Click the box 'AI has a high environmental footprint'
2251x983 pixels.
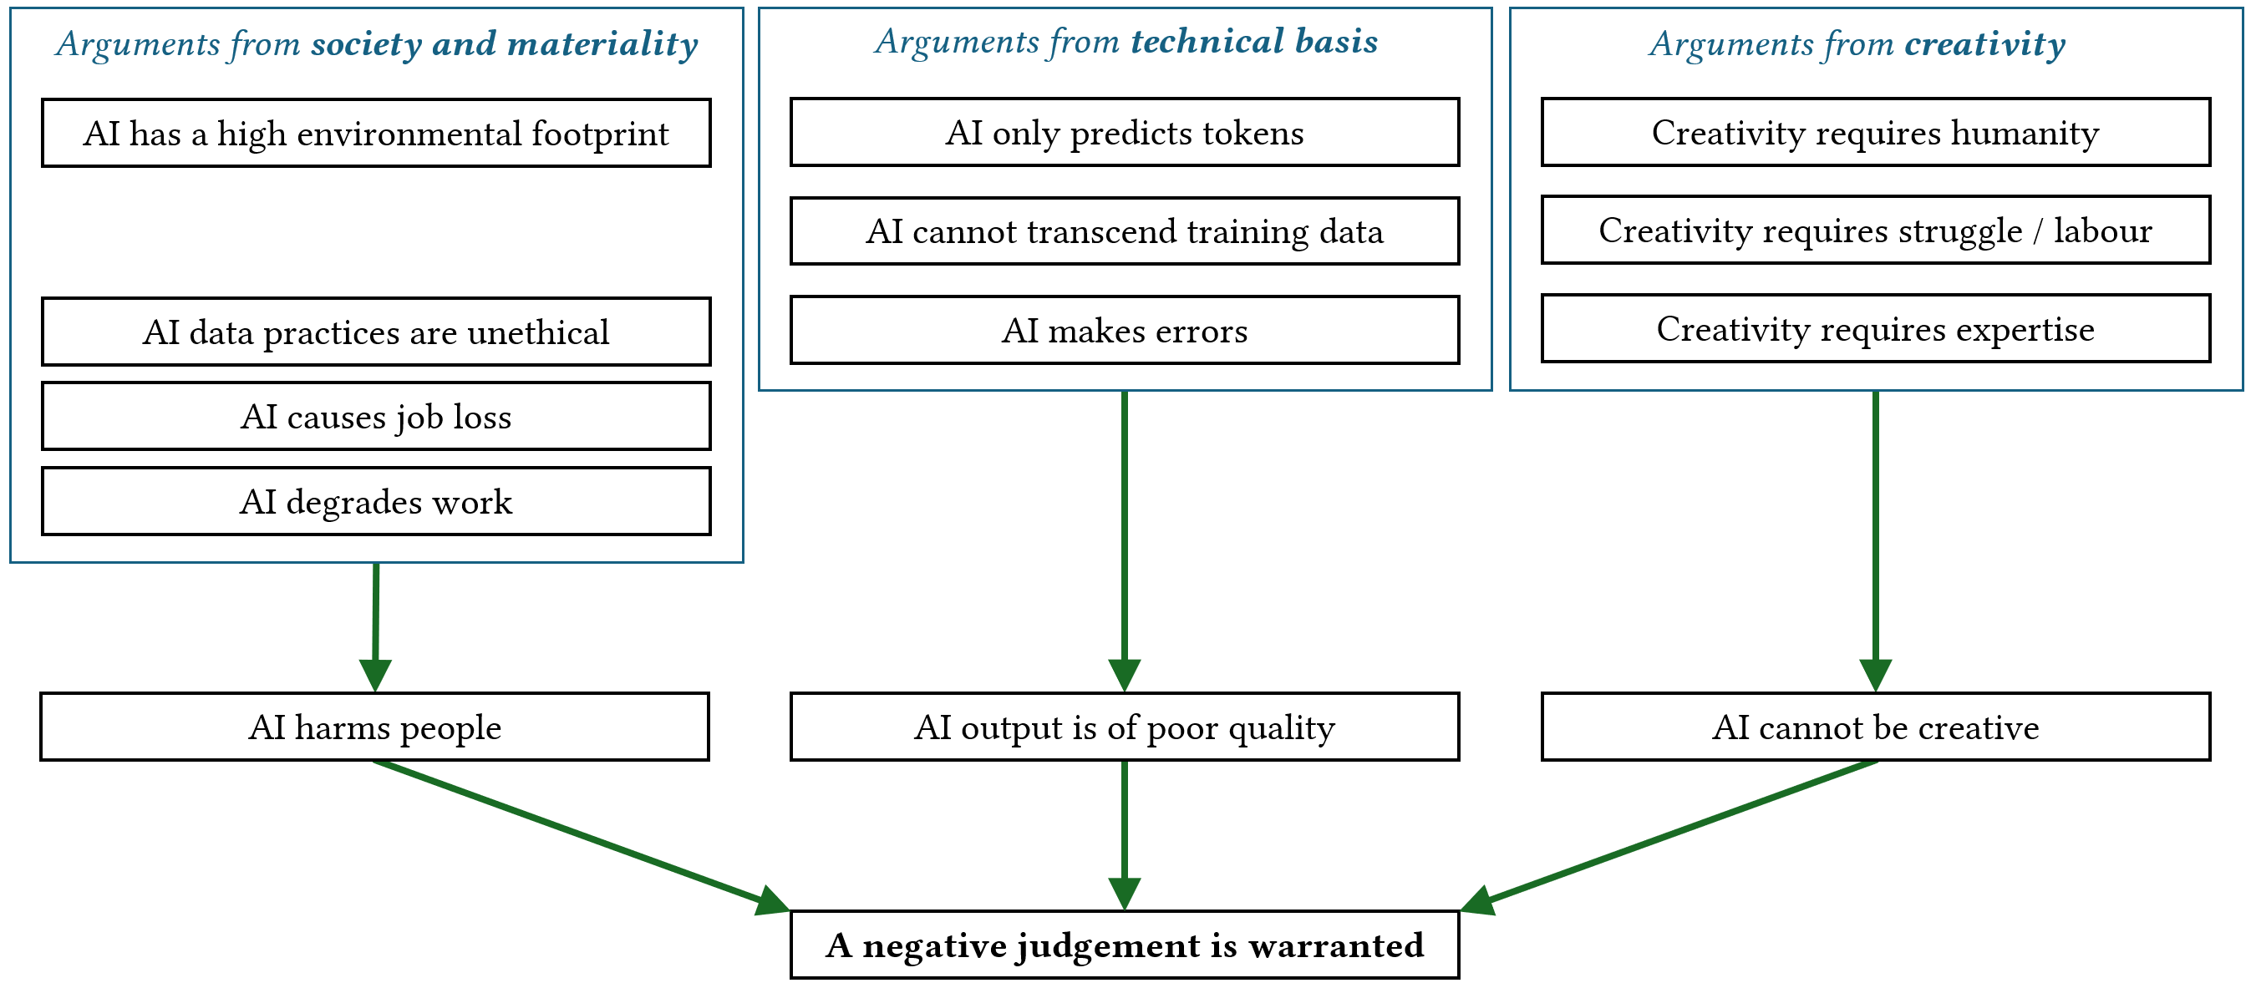tap(376, 133)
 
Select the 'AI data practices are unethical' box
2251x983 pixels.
tap(376, 332)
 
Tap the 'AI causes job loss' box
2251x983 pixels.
tap(376, 417)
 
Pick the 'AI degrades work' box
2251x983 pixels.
tap(376, 502)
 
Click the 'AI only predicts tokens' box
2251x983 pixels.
tap(1125, 132)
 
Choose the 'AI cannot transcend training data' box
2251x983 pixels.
tap(1125, 231)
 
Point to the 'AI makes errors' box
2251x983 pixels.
tap(1125, 330)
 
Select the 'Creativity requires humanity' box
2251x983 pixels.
tap(1875, 132)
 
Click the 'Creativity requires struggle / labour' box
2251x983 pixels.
tap(1875, 230)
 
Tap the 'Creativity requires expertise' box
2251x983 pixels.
tap(1875, 328)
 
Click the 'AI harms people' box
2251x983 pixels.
tap(375, 727)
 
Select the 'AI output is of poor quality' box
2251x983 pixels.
tap(1125, 727)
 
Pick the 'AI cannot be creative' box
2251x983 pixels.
tap(1875, 727)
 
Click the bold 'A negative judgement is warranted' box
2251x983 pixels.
tap(1125, 945)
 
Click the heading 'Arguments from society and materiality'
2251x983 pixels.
tap(377, 43)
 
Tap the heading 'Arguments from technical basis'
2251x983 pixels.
tap(1125, 41)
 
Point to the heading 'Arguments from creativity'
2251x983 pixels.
tap(1857, 43)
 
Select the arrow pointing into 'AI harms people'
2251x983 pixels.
tap(376, 625)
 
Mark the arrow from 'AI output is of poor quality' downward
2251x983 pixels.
tap(1125, 834)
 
